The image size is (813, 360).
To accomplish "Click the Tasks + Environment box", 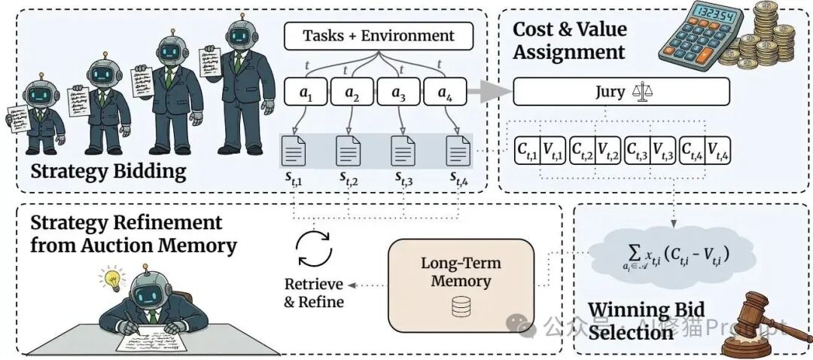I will [x=378, y=35].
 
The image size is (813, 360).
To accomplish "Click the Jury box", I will [x=621, y=92].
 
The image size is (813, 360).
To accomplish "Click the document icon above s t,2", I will [x=347, y=152].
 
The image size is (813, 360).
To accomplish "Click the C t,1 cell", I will [x=527, y=151].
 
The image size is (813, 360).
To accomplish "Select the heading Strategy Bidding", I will [x=108, y=172].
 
